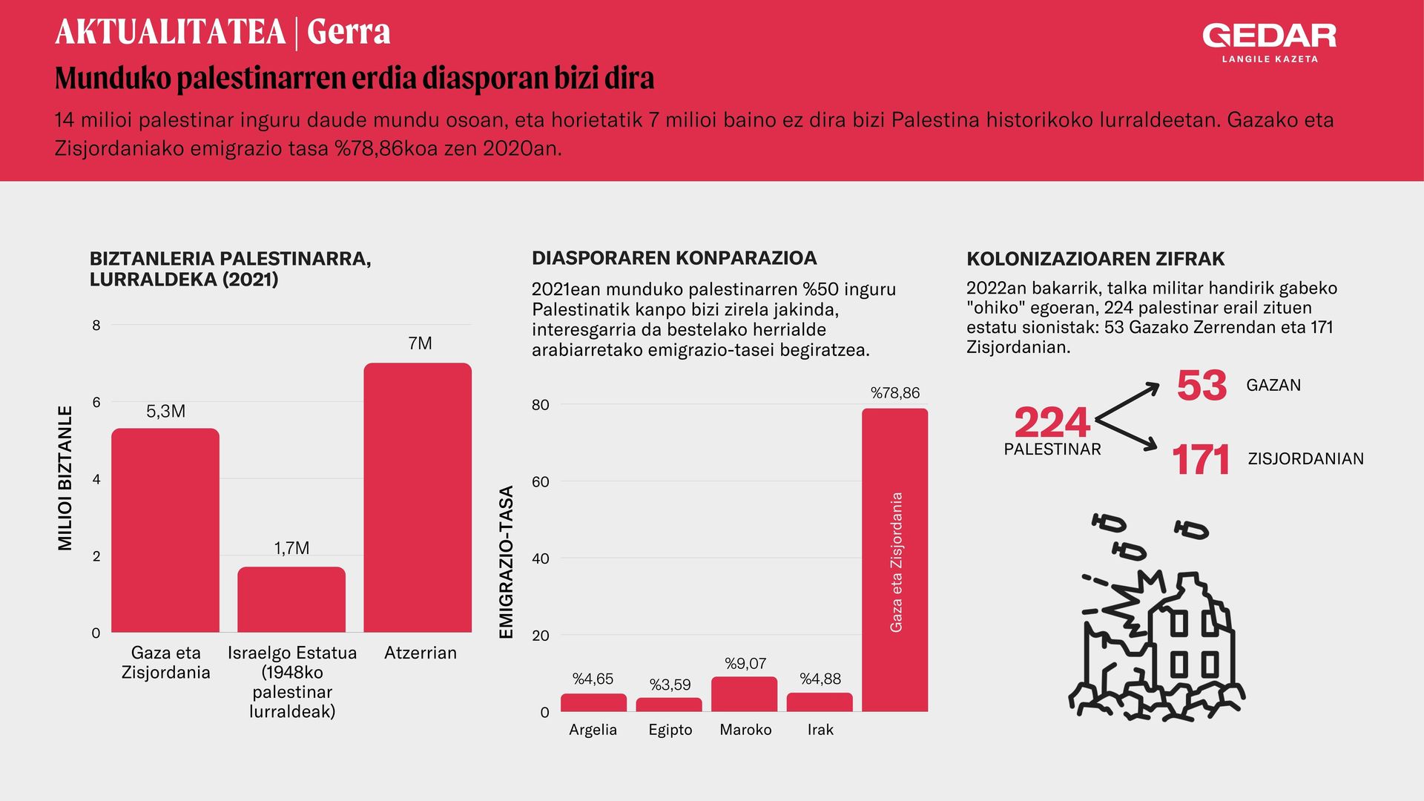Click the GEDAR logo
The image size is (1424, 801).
pos(1270,42)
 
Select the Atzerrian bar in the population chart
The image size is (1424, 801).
pos(418,498)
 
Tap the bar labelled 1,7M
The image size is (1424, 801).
pos(291,599)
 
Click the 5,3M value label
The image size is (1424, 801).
pos(165,412)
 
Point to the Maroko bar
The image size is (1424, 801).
pos(744,694)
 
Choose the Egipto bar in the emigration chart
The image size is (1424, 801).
pos(669,705)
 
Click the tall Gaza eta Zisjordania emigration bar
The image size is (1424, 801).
pos(894,560)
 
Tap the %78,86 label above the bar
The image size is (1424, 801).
pos(895,393)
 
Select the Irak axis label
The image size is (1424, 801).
pos(820,730)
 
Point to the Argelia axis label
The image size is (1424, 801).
pos(593,730)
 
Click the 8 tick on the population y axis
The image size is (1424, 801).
pos(96,325)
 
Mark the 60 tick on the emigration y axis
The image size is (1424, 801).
pos(541,482)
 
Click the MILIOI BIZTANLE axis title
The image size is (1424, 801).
pos(65,478)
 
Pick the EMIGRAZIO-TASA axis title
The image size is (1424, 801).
pos(507,562)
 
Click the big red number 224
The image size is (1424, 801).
pos(1052,423)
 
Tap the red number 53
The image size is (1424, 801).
pos(1201,386)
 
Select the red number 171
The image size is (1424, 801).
pos(1201,460)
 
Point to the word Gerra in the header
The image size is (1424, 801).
pos(349,32)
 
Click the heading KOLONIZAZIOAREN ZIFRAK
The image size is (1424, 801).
pos(1095,259)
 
